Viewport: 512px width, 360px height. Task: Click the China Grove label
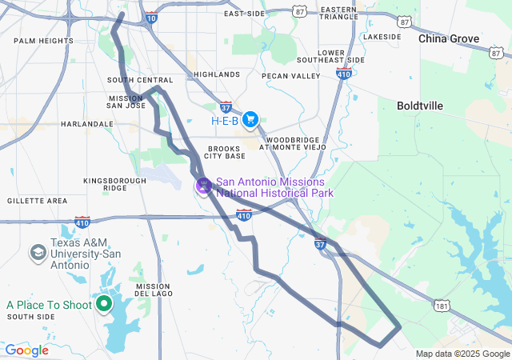(449, 38)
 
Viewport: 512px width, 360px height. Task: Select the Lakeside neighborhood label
(382, 37)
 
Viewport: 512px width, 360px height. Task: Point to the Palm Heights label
(43, 41)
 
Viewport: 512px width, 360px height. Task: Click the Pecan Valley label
(291, 76)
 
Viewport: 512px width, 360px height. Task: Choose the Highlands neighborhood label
(216, 74)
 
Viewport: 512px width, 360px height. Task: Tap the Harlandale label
(87, 124)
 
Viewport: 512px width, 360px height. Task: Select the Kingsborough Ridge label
(115, 184)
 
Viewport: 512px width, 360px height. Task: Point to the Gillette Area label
(38, 200)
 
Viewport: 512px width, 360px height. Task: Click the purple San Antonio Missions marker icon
(204, 186)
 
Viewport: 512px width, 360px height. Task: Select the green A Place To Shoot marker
(104, 304)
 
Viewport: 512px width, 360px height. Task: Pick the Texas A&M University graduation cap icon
(38, 254)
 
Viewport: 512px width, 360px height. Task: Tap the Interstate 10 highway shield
(152, 17)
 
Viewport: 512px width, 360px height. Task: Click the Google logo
(26, 350)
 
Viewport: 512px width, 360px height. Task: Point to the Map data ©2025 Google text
(462, 354)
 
